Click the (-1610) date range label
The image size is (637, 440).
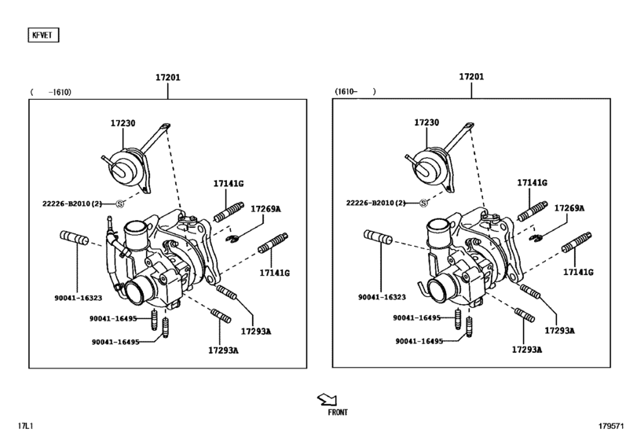(x=51, y=92)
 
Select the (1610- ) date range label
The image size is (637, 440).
(x=356, y=92)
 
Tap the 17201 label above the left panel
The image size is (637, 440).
(x=167, y=77)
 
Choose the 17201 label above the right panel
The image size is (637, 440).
(x=471, y=77)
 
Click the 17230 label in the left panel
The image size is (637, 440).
(x=123, y=123)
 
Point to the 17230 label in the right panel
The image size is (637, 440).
(x=428, y=123)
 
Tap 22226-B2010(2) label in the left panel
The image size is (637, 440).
(x=72, y=203)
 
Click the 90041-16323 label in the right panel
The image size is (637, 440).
(x=382, y=298)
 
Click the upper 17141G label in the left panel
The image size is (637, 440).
(x=229, y=183)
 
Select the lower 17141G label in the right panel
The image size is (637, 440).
(x=578, y=272)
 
